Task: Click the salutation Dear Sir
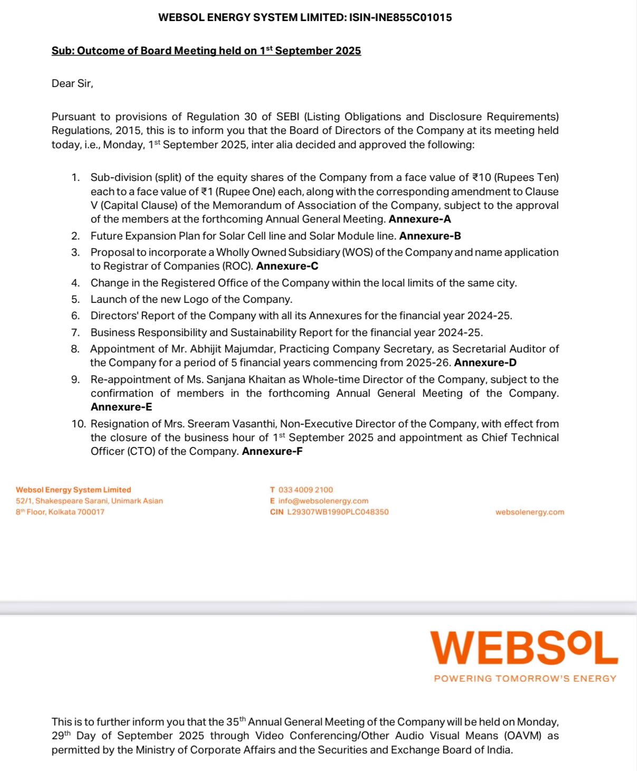[x=72, y=83]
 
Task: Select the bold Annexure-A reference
[x=420, y=219]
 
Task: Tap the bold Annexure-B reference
[x=430, y=236]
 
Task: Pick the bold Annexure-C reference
[x=287, y=266]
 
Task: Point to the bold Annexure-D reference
[x=485, y=363]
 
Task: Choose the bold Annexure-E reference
[x=121, y=407]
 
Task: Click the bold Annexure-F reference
[x=272, y=451]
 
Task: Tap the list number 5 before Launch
[x=75, y=299]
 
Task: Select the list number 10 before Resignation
[x=78, y=424]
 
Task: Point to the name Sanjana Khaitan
[x=244, y=379]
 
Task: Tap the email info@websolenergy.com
[x=323, y=501]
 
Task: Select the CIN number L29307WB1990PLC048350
[x=338, y=512]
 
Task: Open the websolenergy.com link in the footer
[x=529, y=512]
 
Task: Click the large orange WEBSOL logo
[x=524, y=648]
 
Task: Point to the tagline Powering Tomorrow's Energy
[x=525, y=679]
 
